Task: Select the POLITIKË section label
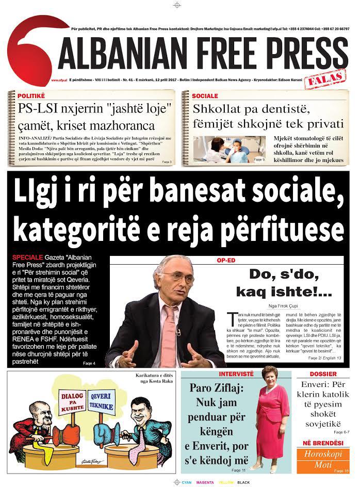31,96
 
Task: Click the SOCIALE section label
205,96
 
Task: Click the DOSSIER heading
323,374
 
